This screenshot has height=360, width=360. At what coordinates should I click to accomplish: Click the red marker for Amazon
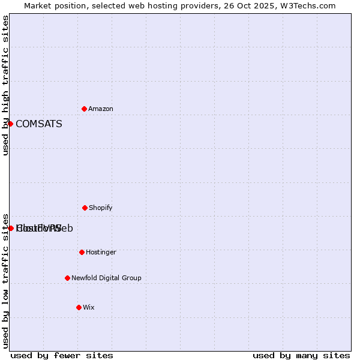pyautogui.click(x=84, y=109)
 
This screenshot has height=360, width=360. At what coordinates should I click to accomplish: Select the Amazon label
pyautogui.click(x=101, y=109)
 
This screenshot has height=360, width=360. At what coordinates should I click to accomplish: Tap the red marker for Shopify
pyautogui.click(x=85, y=208)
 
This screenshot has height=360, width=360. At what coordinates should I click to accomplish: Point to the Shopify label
pyautogui.click(x=101, y=208)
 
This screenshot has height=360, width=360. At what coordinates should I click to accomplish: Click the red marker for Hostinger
pyautogui.click(x=82, y=252)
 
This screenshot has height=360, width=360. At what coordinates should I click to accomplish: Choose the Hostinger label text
pyautogui.click(x=101, y=253)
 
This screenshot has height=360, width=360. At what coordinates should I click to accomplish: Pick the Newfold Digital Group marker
pyautogui.click(x=67, y=278)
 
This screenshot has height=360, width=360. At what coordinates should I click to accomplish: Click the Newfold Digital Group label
pyautogui.click(x=106, y=278)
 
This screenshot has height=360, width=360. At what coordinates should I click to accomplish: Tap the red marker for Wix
pyautogui.click(x=79, y=307)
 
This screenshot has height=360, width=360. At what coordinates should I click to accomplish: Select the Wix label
pyautogui.click(x=89, y=308)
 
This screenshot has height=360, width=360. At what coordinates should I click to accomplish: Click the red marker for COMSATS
pyautogui.click(x=10, y=124)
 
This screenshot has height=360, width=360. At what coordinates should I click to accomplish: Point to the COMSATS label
pyautogui.click(x=39, y=124)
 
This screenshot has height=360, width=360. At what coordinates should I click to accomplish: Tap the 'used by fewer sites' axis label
pyautogui.click(x=62, y=356)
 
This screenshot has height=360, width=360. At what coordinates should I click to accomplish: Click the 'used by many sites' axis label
pyautogui.click(x=301, y=356)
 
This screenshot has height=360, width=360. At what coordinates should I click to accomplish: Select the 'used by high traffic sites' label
pyautogui.click(x=6, y=85)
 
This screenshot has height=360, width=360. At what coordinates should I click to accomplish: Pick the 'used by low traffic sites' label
pyautogui.click(x=6, y=280)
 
